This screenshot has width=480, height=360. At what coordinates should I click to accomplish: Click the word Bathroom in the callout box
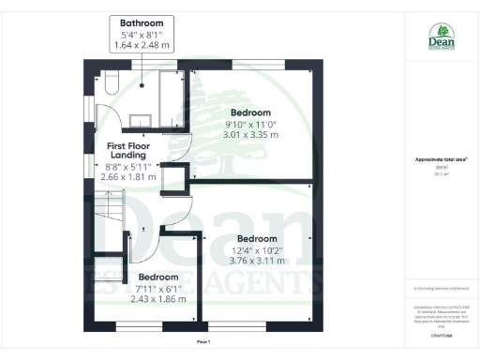pyautogui.click(x=143, y=22)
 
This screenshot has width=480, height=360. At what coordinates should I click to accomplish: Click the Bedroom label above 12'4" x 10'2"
pyautogui.click(x=258, y=238)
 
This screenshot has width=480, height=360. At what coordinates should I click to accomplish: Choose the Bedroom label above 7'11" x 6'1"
pyautogui.click(x=158, y=277)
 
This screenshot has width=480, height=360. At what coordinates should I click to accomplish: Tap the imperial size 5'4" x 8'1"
pyautogui.click(x=143, y=33)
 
